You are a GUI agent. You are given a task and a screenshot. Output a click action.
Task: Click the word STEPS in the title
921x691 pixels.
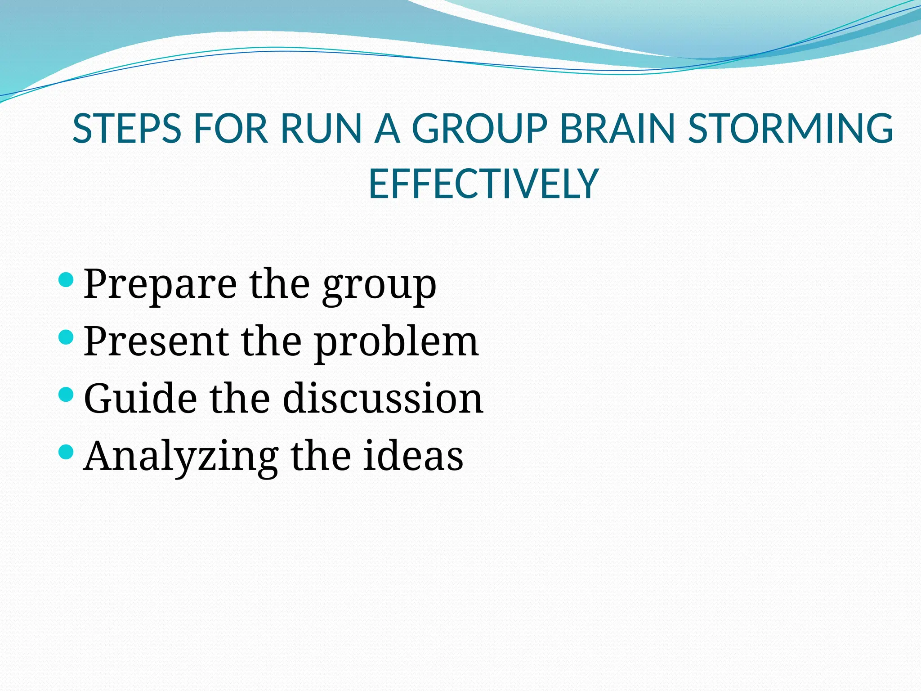pyautogui.click(x=127, y=129)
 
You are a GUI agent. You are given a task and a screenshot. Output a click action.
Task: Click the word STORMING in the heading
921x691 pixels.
pyautogui.click(x=791, y=129)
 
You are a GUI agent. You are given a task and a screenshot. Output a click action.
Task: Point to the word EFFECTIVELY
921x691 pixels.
pyautogui.click(x=483, y=184)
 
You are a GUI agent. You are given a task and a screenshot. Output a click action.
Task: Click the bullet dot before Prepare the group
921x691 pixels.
pyautogui.click(x=66, y=279)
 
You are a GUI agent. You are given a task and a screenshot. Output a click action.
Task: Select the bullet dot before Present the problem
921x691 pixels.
pyautogui.click(x=66, y=337)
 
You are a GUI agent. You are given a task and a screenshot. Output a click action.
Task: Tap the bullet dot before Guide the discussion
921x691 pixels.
pyautogui.click(x=66, y=395)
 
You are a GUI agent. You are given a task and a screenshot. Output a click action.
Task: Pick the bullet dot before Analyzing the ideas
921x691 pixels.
pyautogui.click(x=66, y=452)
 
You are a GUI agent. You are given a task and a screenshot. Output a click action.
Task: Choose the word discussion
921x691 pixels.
pyautogui.click(x=383, y=399)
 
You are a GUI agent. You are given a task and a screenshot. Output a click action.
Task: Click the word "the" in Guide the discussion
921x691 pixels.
pyautogui.click(x=240, y=399)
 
